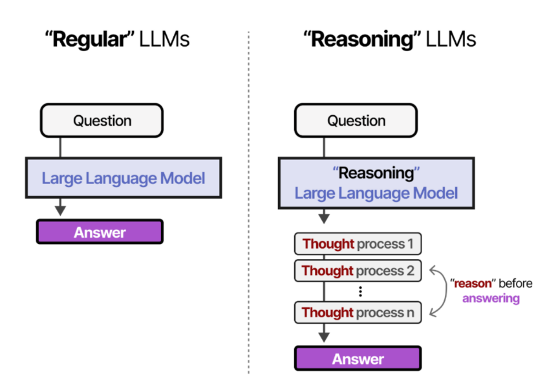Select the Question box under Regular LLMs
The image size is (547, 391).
(x=102, y=120)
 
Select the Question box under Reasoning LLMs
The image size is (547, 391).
(x=356, y=120)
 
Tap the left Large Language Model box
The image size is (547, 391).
(x=123, y=178)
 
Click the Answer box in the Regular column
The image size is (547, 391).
(x=100, y=232)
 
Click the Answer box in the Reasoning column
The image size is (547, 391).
(x=358, y=359)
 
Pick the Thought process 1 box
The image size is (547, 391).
(x=358, y=244)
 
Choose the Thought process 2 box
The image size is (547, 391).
(x=358, y=271)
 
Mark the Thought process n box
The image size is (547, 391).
(x=358, y=313)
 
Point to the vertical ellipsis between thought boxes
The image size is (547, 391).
(x=360, y=291)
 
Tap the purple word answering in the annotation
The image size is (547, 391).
(x=491, y=298)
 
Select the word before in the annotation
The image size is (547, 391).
(x=514, y=284)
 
